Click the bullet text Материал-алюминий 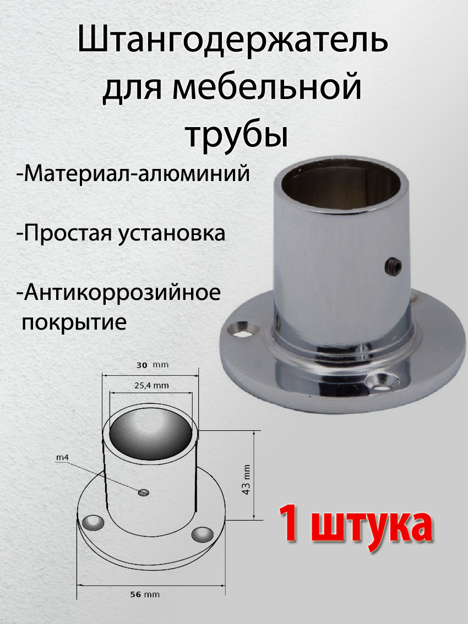pyautogui.click(x=134, y=174)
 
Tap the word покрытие pyautogui.click(x=74, y=321)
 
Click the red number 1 pyautogui.click(x=289, y=526)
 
